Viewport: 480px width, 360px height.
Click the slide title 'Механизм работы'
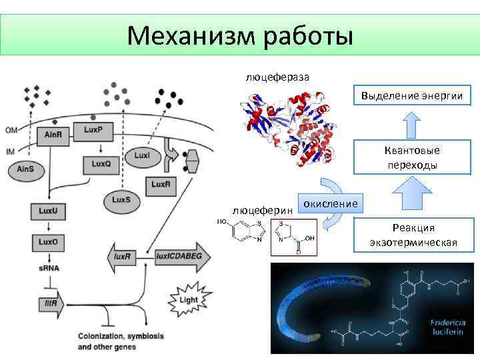[x=240, y=35]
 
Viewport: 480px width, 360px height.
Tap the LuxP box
[x=94, y=130]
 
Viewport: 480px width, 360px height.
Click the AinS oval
[x=26, y=170]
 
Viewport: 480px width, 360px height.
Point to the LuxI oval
[x=142, y=155]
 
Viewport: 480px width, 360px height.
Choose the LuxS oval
[x=121, y=199]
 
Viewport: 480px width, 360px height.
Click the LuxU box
[x=48, y=211]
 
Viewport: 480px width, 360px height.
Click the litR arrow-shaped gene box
[x=51, y=303]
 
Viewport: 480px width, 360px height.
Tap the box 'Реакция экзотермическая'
[x=414, y=235]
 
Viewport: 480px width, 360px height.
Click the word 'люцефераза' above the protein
[x=277, y=77]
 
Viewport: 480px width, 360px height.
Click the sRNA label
[x=48, y=267]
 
